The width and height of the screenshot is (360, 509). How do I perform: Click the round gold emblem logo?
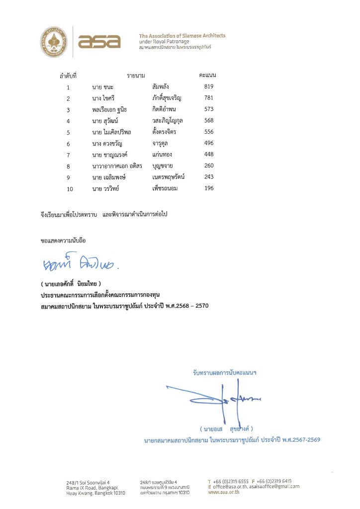pos(54,40)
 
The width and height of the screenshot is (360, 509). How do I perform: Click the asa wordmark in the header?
pos(99,41)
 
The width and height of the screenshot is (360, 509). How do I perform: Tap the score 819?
pos(209,86)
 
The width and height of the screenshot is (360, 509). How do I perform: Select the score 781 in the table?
pos(209,98)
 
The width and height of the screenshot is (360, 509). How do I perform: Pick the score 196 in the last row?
pos(209,188)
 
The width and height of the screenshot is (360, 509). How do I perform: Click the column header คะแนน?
pos(207,75)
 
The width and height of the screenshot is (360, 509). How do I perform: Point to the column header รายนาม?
pos(136,76)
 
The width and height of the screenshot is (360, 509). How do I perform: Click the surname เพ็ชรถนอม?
pos(165,188)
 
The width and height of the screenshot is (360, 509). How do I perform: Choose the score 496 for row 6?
pos(209,143)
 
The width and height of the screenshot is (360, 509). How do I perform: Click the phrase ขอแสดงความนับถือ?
pos(63,240)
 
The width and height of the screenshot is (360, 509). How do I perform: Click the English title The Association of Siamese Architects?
pos(182,36)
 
